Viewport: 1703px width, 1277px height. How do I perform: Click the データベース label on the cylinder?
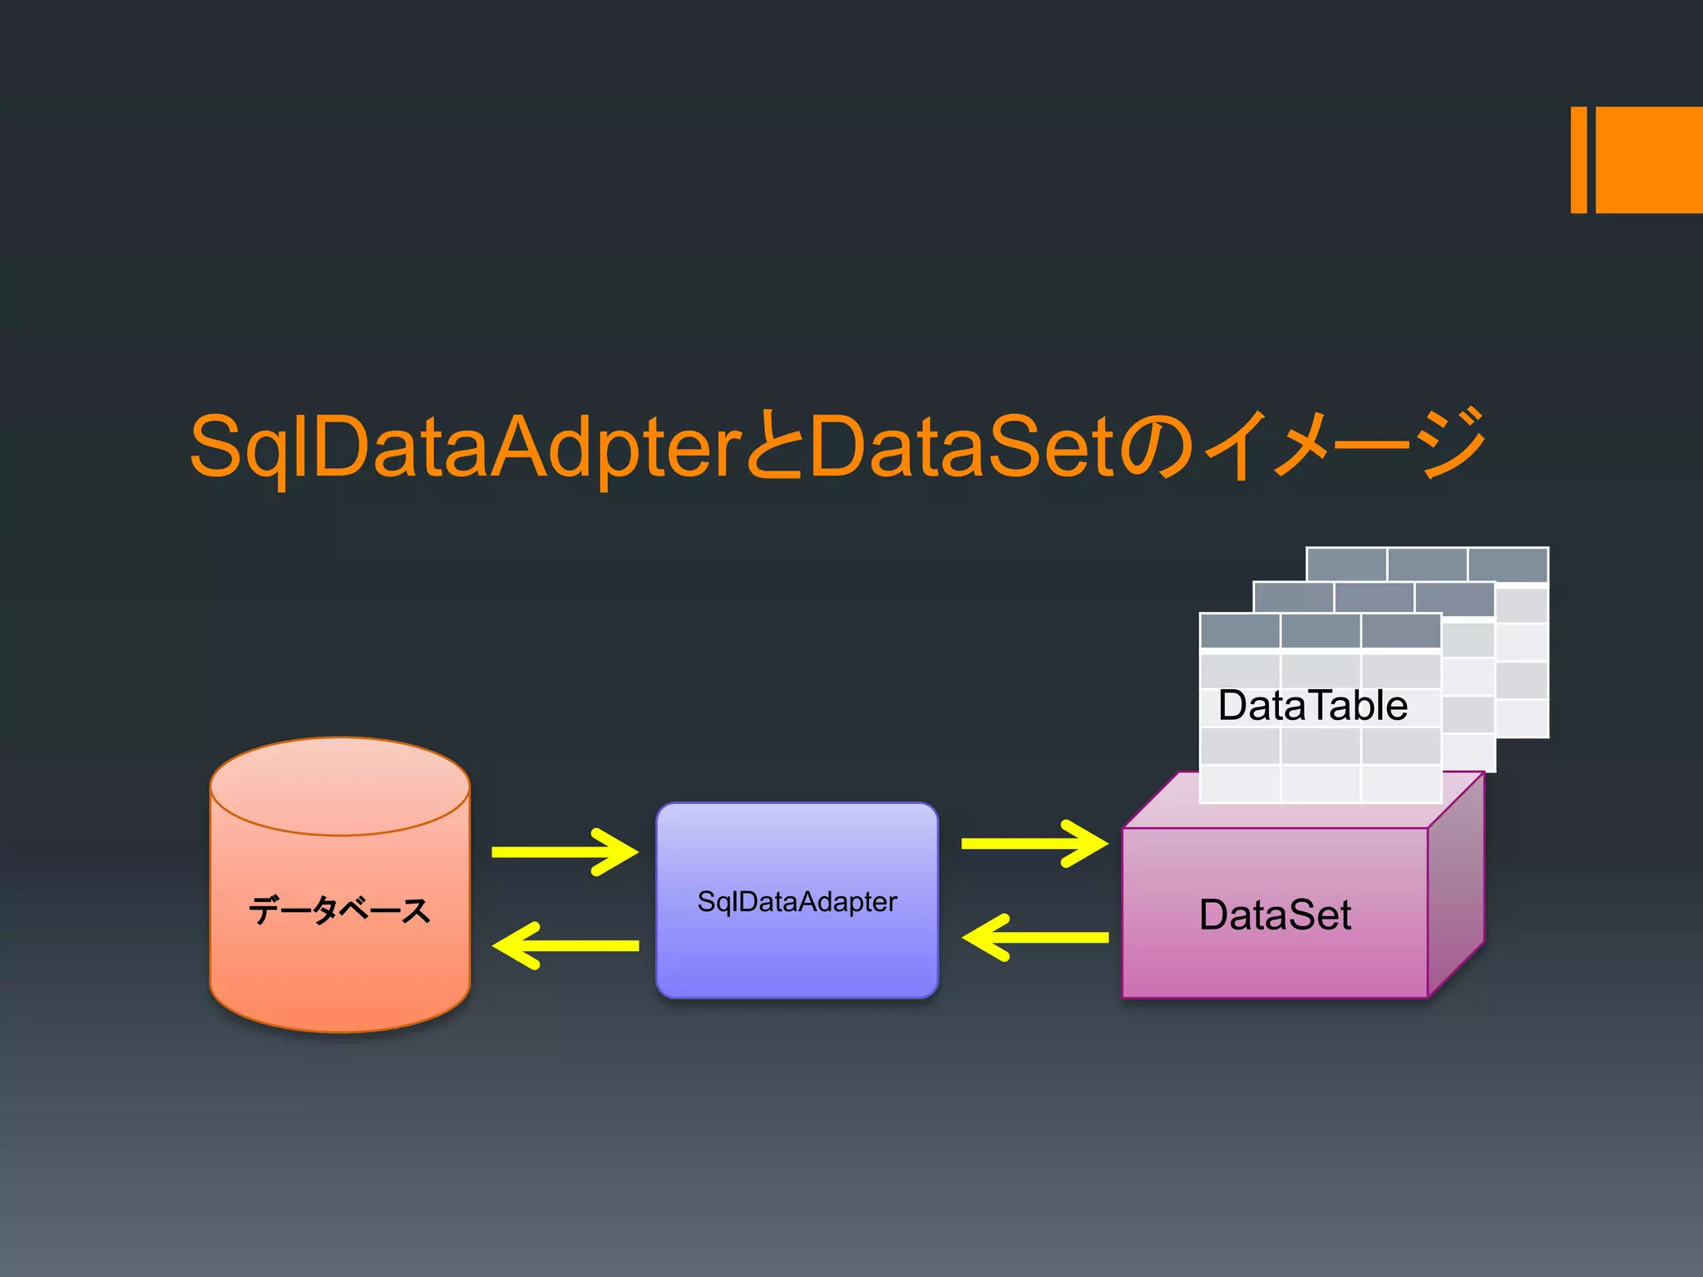coord(339,910)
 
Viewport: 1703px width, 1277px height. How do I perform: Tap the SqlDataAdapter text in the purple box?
coord(797,902)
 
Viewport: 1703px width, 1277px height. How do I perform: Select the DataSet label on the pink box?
coord(1275,915)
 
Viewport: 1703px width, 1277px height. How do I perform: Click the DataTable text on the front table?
coord(1312,706)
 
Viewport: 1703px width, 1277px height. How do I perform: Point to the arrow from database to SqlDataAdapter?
coord(565,852)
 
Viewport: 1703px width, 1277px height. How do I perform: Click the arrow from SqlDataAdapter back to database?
coord(565,945)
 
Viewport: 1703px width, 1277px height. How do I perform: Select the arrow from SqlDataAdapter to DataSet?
coord(1034,844)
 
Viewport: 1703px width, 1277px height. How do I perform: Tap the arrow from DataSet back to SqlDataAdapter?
coord(1034,938)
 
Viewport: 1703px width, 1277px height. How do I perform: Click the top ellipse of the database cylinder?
coord(339,786)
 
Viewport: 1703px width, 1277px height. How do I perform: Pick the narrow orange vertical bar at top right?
coord(1578,160)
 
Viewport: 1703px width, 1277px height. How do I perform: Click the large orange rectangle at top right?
coord(1649,160)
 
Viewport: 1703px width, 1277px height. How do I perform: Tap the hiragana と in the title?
coord(773,446)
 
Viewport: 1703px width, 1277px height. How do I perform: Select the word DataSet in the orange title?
coord(960,446)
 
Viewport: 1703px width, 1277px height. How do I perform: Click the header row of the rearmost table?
coord(1427,565)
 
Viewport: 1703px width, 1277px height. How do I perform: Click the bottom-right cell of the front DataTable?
coord(1400,784)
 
